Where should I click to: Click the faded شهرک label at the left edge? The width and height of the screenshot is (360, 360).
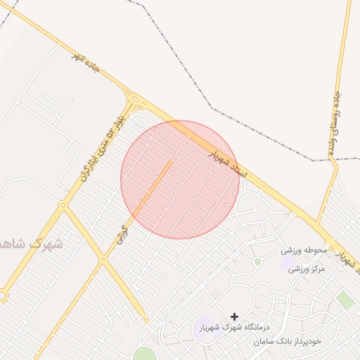[31, 244]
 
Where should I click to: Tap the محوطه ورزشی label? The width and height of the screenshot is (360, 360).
[305, 250]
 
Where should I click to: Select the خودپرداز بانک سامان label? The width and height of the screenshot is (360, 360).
[288, 341]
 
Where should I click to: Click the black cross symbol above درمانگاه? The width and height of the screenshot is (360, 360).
[234, 317]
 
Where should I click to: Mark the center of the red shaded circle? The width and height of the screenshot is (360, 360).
[180, 179]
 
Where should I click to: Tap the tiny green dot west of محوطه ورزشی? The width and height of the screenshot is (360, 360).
[257, 262]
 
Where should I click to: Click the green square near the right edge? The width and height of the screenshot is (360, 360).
[345, 300]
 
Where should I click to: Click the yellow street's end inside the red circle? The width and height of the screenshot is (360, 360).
[171, 162]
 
